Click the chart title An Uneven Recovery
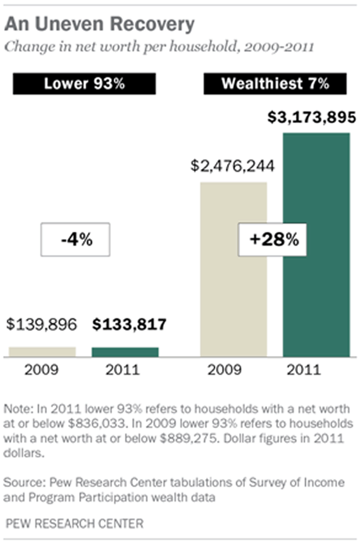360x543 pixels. [99, 24]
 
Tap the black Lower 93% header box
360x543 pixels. [85, 84]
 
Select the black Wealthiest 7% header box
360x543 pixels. [275, 84]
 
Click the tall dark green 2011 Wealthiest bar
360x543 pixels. [316, 244]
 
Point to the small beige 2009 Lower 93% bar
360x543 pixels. [42, 351]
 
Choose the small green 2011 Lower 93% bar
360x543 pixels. [125, 351]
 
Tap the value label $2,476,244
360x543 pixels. [233, 166]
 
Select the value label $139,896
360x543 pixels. [42, 324]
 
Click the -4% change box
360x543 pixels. [75, 239]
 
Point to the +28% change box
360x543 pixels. [272, 239]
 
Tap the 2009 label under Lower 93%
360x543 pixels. [42, 370]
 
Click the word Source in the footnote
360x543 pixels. [24, 483]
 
